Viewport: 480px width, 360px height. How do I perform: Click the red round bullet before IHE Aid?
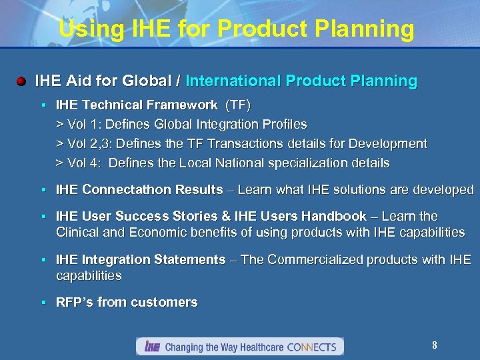point(21,81)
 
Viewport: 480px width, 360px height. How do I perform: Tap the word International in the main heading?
point(233,81)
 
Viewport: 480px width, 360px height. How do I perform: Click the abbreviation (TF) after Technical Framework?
point(238,105)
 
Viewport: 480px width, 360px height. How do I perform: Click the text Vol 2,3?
point(88,144)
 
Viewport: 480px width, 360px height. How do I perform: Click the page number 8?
point(434,345)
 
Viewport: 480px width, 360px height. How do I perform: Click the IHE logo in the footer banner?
point(152,347)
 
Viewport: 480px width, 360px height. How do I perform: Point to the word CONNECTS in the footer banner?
point(313,347)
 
